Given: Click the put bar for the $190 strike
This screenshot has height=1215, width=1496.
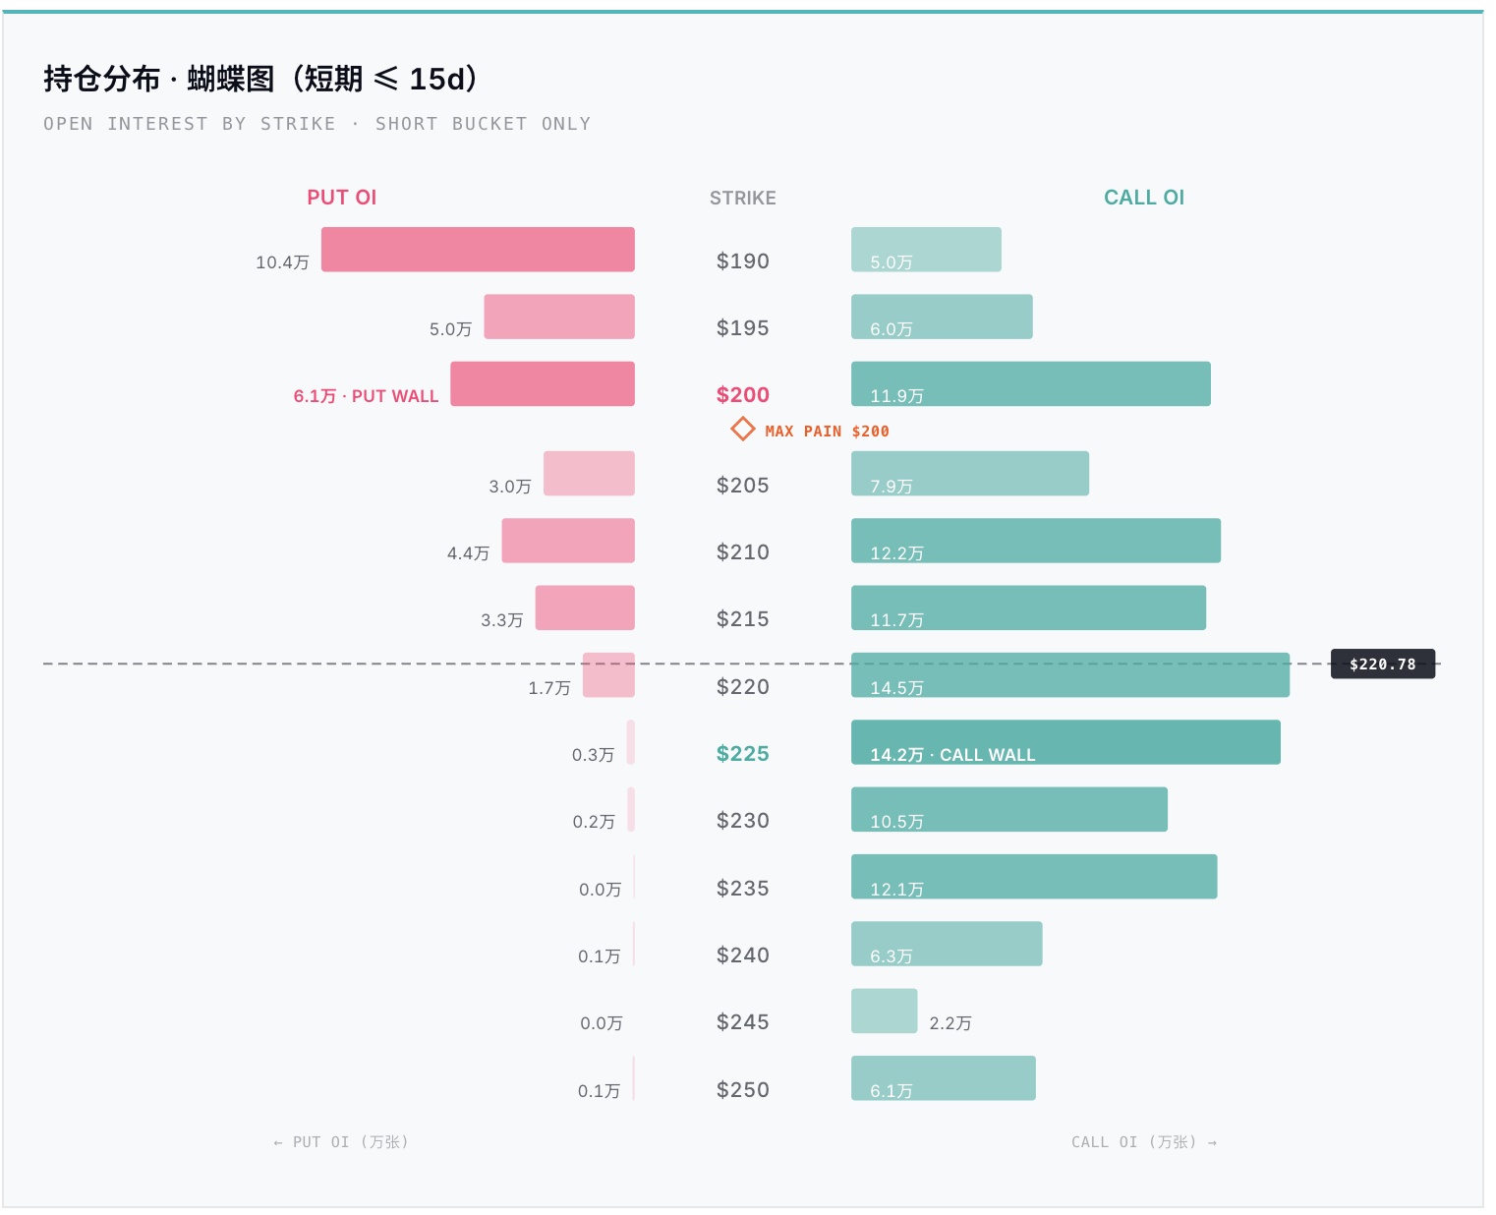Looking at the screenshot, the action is pos(478,250).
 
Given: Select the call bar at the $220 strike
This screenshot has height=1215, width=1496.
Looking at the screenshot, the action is pos(1069,675).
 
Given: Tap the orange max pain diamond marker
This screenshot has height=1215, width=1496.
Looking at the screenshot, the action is pos(742,430).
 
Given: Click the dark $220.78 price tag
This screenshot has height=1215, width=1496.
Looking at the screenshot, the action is pos(1382,664).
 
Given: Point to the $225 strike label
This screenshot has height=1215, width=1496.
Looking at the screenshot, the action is pos(742,754).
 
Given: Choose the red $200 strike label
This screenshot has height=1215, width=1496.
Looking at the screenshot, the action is pos(742,395).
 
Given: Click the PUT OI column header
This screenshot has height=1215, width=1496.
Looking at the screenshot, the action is pos(341,198).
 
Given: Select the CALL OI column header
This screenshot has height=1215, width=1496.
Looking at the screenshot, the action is pos(1143,198).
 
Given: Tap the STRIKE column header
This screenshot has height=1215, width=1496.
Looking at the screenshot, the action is pos(742,198).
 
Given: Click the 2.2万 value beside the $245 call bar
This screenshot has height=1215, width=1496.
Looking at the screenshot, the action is pos(950,1022).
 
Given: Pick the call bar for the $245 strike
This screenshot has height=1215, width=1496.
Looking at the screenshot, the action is pos(884,1011).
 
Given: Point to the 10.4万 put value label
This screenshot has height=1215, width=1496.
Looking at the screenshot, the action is pos(282,261).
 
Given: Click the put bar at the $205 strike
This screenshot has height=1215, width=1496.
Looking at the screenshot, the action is pos(589,474).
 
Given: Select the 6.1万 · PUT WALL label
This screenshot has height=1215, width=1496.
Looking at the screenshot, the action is pos(366,396).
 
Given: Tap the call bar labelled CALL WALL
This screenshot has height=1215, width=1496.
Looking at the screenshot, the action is pos(1065,741).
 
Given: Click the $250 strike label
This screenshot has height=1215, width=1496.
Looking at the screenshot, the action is pos(742,1089).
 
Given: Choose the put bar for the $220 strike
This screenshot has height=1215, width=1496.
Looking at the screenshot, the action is pos(608,675).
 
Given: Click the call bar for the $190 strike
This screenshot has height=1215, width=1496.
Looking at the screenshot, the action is pos(926,250).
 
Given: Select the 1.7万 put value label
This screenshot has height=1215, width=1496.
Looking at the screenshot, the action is pos(549,687).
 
